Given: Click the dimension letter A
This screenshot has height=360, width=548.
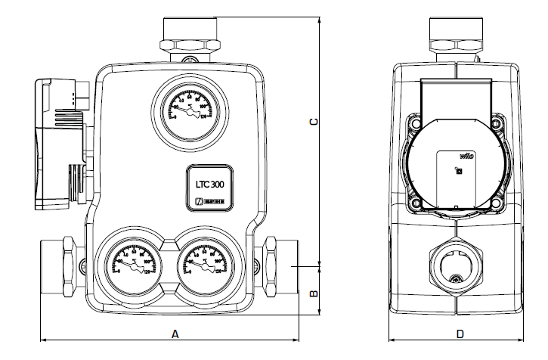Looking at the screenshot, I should (x=175, y=333).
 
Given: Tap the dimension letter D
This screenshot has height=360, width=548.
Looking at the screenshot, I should (x=460, y=333).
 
